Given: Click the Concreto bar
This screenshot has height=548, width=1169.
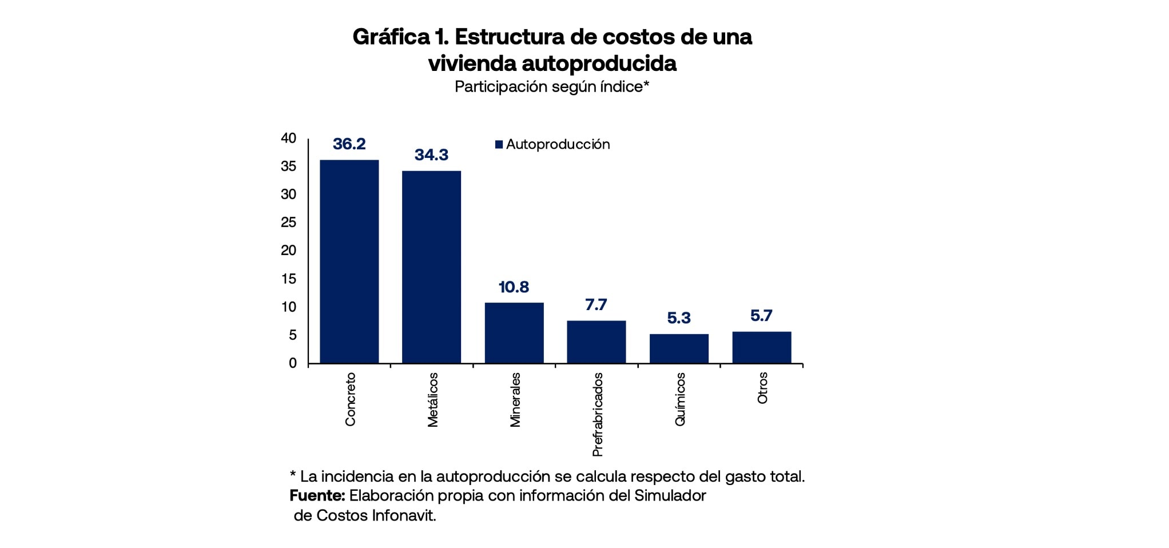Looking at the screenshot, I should [349, 261].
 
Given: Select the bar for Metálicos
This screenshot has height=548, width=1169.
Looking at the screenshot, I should [431, 267].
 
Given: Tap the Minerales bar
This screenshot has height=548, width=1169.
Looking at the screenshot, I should [514, 333].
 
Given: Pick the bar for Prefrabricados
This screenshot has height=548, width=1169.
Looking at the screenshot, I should [597, 342].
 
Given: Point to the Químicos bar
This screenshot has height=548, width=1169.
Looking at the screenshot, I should [679, 348].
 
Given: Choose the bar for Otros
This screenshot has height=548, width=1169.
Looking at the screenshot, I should [762, 347].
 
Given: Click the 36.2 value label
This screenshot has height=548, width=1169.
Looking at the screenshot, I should [349, 144].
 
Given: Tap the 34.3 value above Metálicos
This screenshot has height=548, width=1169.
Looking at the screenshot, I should [431, 155].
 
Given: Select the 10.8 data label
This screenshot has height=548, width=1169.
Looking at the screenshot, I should [514, 287].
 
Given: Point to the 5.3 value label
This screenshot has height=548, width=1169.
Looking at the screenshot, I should [679, 318].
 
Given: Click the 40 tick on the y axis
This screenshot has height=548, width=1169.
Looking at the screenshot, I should [288, 138].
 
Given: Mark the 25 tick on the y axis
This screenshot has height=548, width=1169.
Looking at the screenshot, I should [288, 223].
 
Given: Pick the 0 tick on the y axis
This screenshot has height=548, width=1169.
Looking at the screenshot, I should [293, 363].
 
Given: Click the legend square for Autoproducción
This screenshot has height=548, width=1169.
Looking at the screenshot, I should [499, 145].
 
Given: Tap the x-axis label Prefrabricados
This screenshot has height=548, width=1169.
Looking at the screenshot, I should [598, 415].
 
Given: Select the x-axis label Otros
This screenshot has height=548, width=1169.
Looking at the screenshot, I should [762, 388].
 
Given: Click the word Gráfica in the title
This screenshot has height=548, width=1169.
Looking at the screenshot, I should [391, 37].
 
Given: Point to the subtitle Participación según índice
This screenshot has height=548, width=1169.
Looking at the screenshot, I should [551, 87].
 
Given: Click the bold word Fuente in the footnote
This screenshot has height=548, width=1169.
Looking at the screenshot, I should [317, 495].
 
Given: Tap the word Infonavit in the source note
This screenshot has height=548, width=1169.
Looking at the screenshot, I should [403, 515].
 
